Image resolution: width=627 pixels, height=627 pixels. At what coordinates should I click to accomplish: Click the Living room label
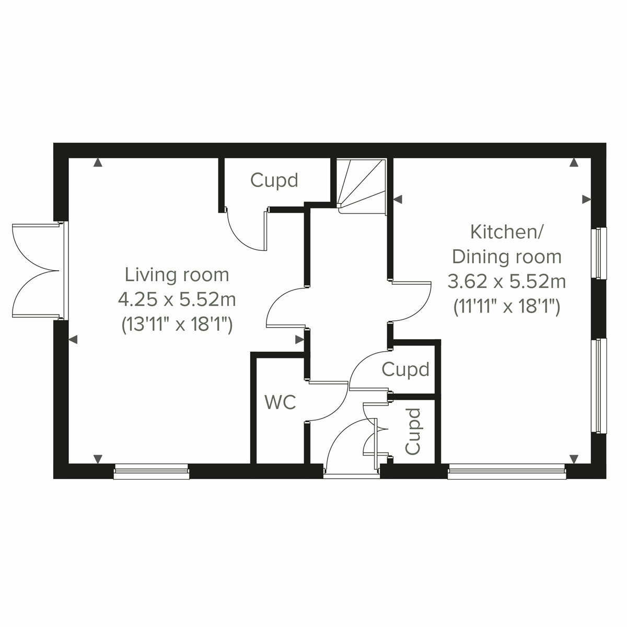coord(177,274)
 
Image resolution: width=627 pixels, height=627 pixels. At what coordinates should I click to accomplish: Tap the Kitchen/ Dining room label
coord(506,244)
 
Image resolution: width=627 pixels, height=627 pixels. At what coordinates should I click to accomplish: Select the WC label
coord(280,402)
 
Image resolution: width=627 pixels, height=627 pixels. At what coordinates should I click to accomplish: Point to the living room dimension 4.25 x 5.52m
coord(177,300)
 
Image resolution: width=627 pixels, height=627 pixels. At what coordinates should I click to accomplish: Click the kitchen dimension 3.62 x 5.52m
coord(506,282)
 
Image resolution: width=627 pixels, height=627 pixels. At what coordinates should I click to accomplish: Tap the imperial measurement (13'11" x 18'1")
coord(177,325)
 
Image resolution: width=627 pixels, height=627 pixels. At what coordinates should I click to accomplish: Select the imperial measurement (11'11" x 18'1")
coord(506,307)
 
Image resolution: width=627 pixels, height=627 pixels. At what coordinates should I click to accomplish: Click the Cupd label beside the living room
coord(274,180)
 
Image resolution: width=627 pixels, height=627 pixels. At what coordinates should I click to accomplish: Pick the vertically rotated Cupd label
coord(413,432)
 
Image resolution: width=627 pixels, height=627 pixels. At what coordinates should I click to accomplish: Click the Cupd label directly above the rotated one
coord(405,369)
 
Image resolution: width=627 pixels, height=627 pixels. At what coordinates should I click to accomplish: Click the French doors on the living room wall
coord(37,271)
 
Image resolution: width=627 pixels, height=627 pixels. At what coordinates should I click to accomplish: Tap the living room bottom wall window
coord(152,471)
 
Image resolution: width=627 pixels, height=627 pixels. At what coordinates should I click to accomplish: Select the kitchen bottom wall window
coord(506,471)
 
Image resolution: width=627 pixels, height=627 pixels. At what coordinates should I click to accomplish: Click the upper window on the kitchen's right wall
coord(599,253)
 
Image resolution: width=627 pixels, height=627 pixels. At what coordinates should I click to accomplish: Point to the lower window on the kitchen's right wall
coord(599,386)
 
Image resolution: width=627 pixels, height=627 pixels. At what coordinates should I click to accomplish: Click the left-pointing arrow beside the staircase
coord(398,199)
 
